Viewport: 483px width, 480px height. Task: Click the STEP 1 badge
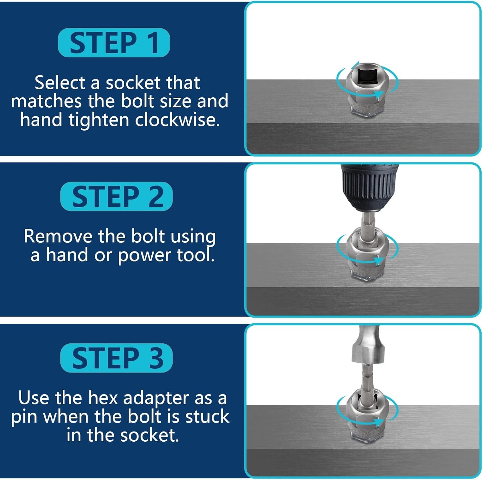114,43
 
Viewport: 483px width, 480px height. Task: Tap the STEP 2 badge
117,196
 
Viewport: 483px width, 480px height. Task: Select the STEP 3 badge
117,358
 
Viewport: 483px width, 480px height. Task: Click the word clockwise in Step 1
177,120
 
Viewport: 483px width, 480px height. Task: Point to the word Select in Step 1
60,83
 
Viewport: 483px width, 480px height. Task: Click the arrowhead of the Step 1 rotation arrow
379,94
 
